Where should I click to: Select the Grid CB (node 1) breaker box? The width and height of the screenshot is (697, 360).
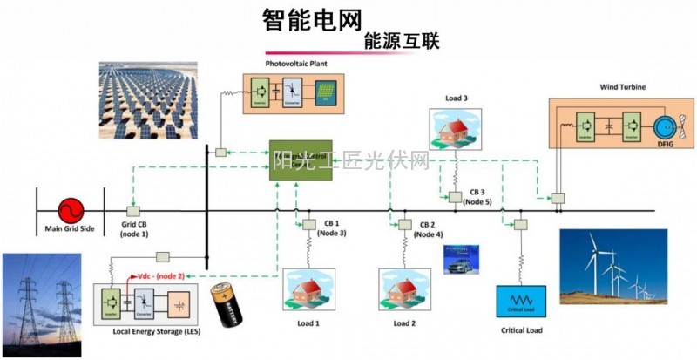pyautogui.click(x=134, y=210)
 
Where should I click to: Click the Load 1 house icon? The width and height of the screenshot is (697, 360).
pyautogui.click(x=306, y=290)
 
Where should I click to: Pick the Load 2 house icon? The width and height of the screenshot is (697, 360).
pyautogui.click(x=402, y=290)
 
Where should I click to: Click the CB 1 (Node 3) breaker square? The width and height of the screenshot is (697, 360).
pyautogui.click(x=308, y=225)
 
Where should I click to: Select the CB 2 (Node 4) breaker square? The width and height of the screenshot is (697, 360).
pyautogui.click(x=404, y=225)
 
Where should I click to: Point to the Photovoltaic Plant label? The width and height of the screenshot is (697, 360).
pyautogui.click(x=296, y=64)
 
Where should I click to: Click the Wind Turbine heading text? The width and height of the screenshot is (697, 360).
pyautogui.click(x=621, y=87)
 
